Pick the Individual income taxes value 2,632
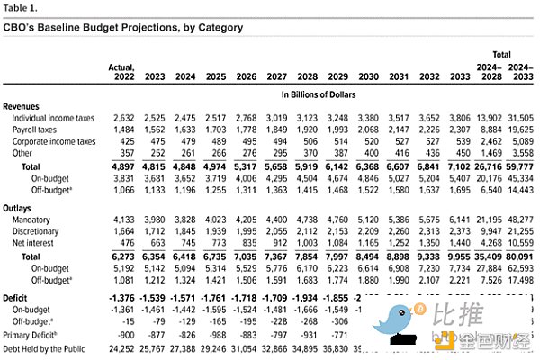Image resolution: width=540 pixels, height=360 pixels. click(x=124, y=118)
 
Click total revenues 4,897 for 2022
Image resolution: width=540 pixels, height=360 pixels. click(x=123, y=166)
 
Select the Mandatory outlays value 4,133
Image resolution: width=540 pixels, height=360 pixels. click(x=124, y=219)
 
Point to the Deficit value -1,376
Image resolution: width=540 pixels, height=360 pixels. click(x=121, y=296)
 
